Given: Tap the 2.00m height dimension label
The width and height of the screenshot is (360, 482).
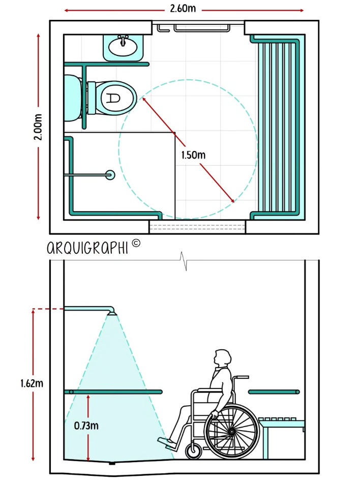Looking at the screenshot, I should click(x=38, y=127).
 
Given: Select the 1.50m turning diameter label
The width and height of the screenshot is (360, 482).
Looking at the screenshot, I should click(x=193, y=155).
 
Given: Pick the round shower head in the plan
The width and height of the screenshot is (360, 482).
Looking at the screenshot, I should click(x=110, y=175).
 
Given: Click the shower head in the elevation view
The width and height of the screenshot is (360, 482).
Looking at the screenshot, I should click(x=111, y=311).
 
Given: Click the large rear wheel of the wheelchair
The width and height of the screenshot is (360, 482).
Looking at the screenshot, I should click(x=231, y=431).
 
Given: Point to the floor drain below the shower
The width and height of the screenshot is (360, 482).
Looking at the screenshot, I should click(x=112, y=463).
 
